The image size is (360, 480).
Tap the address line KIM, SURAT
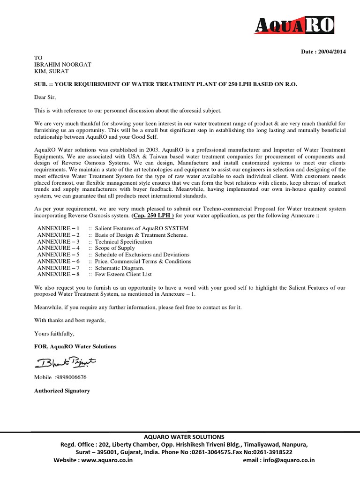click(51, 71)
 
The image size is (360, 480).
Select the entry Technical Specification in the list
click(123, 241)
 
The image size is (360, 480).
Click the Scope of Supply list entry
click(115, 248)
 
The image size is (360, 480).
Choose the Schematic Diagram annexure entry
click(120, 268)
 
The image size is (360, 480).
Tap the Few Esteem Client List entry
click(123, 274)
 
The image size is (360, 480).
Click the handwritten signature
click(65, 362)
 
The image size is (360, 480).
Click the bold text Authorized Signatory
click(62, 390)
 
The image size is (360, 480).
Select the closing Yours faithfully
click(54, 333)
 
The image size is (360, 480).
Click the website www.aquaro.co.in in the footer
click(107, 460)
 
